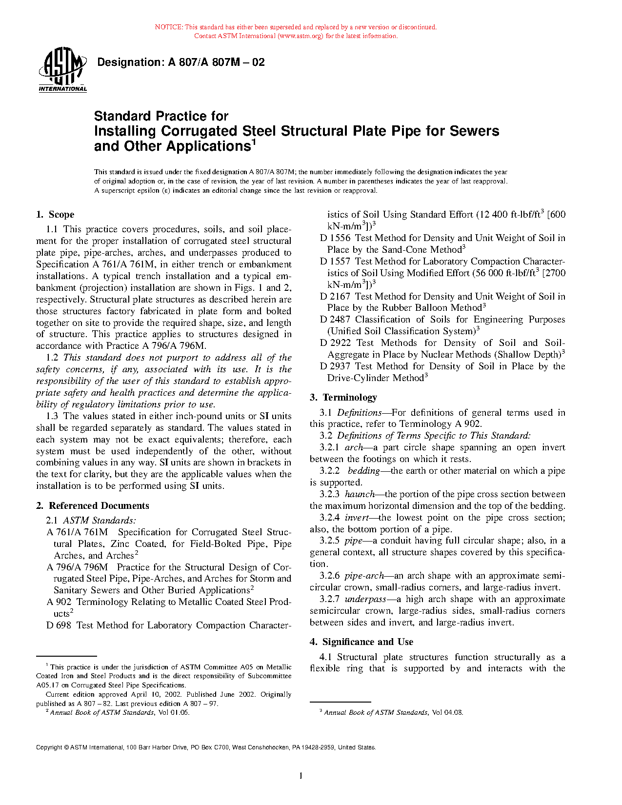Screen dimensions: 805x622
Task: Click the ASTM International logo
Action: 62,70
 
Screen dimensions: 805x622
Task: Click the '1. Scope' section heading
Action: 55,215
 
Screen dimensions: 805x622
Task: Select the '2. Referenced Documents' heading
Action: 93,506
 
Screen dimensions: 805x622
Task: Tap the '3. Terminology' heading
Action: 343,398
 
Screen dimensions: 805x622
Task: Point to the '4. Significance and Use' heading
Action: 361,642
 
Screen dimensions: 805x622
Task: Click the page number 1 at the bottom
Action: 301,776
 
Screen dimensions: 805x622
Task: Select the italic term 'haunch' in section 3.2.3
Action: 360,494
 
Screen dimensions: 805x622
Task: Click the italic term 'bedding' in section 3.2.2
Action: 363,471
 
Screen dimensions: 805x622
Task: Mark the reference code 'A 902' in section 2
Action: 59,602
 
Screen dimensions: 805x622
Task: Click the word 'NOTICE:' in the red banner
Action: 169,27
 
